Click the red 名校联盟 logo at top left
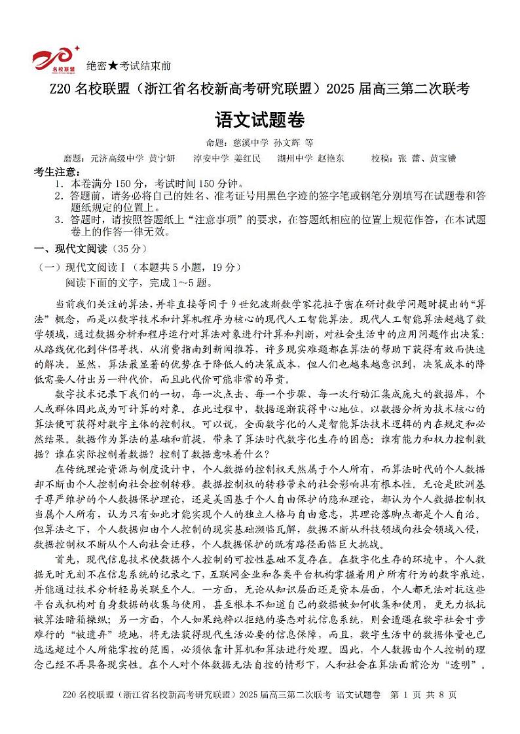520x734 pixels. pos(56,58)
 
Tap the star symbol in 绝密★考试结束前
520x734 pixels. pos(113,66)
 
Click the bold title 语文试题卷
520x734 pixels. pos(260,120)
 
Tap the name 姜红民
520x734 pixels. pos(248,158)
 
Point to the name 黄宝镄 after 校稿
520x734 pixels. pos(443,158)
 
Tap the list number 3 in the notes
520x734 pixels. pos(59,220)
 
